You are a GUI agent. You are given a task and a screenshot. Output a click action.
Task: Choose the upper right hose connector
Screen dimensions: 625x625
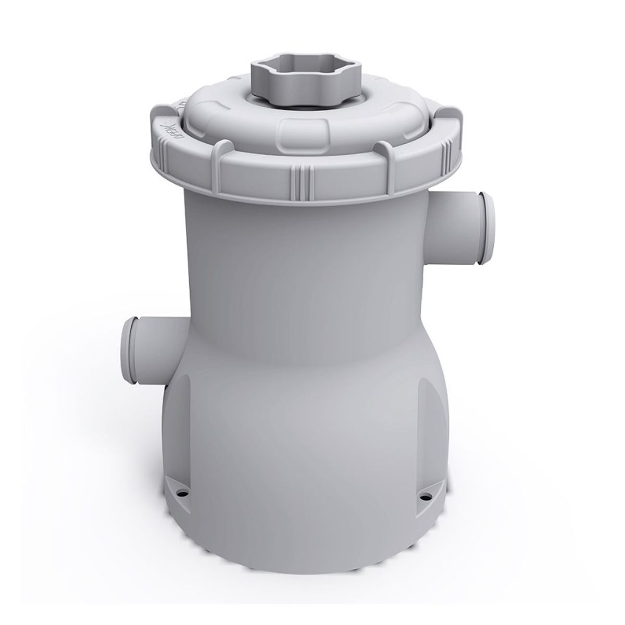(458, 208)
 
